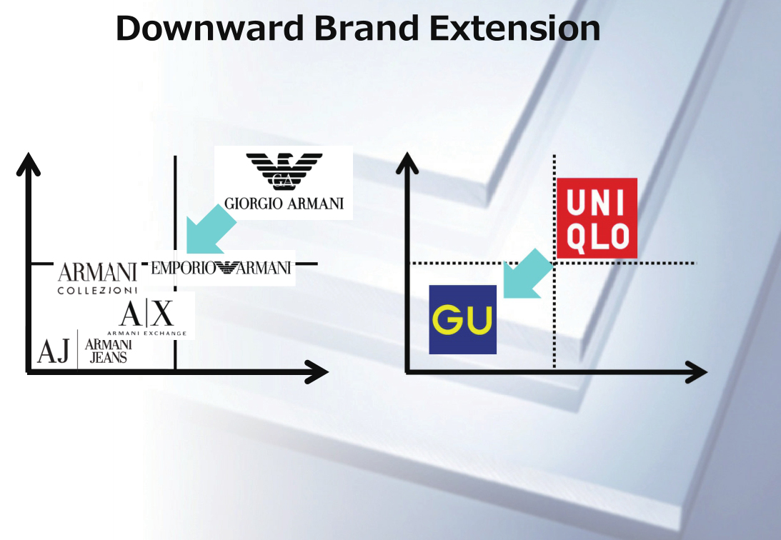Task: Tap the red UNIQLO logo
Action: (x=597, y=218)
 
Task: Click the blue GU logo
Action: (x=462, y=319)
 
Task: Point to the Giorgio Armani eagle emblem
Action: (x=284, y=171)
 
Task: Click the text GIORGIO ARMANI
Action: (x=284, y=204)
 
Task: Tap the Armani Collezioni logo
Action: (x=97, y=278)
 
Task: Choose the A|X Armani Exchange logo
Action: (x=146, y=318)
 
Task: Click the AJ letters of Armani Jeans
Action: (x=54, y=352)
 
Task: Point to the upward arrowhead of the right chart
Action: (x=407, y=163)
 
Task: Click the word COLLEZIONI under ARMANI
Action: (x=97, y=291)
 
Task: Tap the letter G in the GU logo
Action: (x=448, y=320)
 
